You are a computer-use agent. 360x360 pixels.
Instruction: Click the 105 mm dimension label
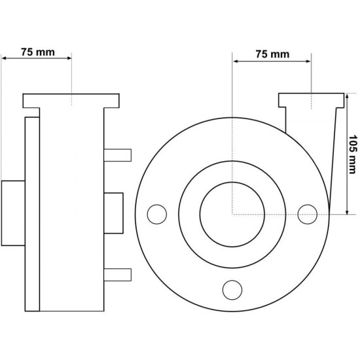[353, 154]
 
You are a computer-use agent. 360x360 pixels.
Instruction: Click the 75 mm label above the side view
[38, 52]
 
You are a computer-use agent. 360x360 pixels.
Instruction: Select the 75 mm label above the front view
[272, 54]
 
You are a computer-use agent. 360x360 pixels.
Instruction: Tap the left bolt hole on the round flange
[157, 214]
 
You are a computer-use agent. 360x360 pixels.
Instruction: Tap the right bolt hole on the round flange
[308, 214]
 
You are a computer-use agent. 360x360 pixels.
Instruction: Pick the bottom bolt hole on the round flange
[232, 290]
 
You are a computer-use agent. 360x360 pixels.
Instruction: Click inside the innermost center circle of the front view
[232, 215]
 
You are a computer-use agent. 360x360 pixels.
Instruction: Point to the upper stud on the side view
[118, 155]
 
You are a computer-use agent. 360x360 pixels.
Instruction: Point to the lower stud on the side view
[118, 275]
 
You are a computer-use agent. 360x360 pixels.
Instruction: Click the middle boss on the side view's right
[113, 213]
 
